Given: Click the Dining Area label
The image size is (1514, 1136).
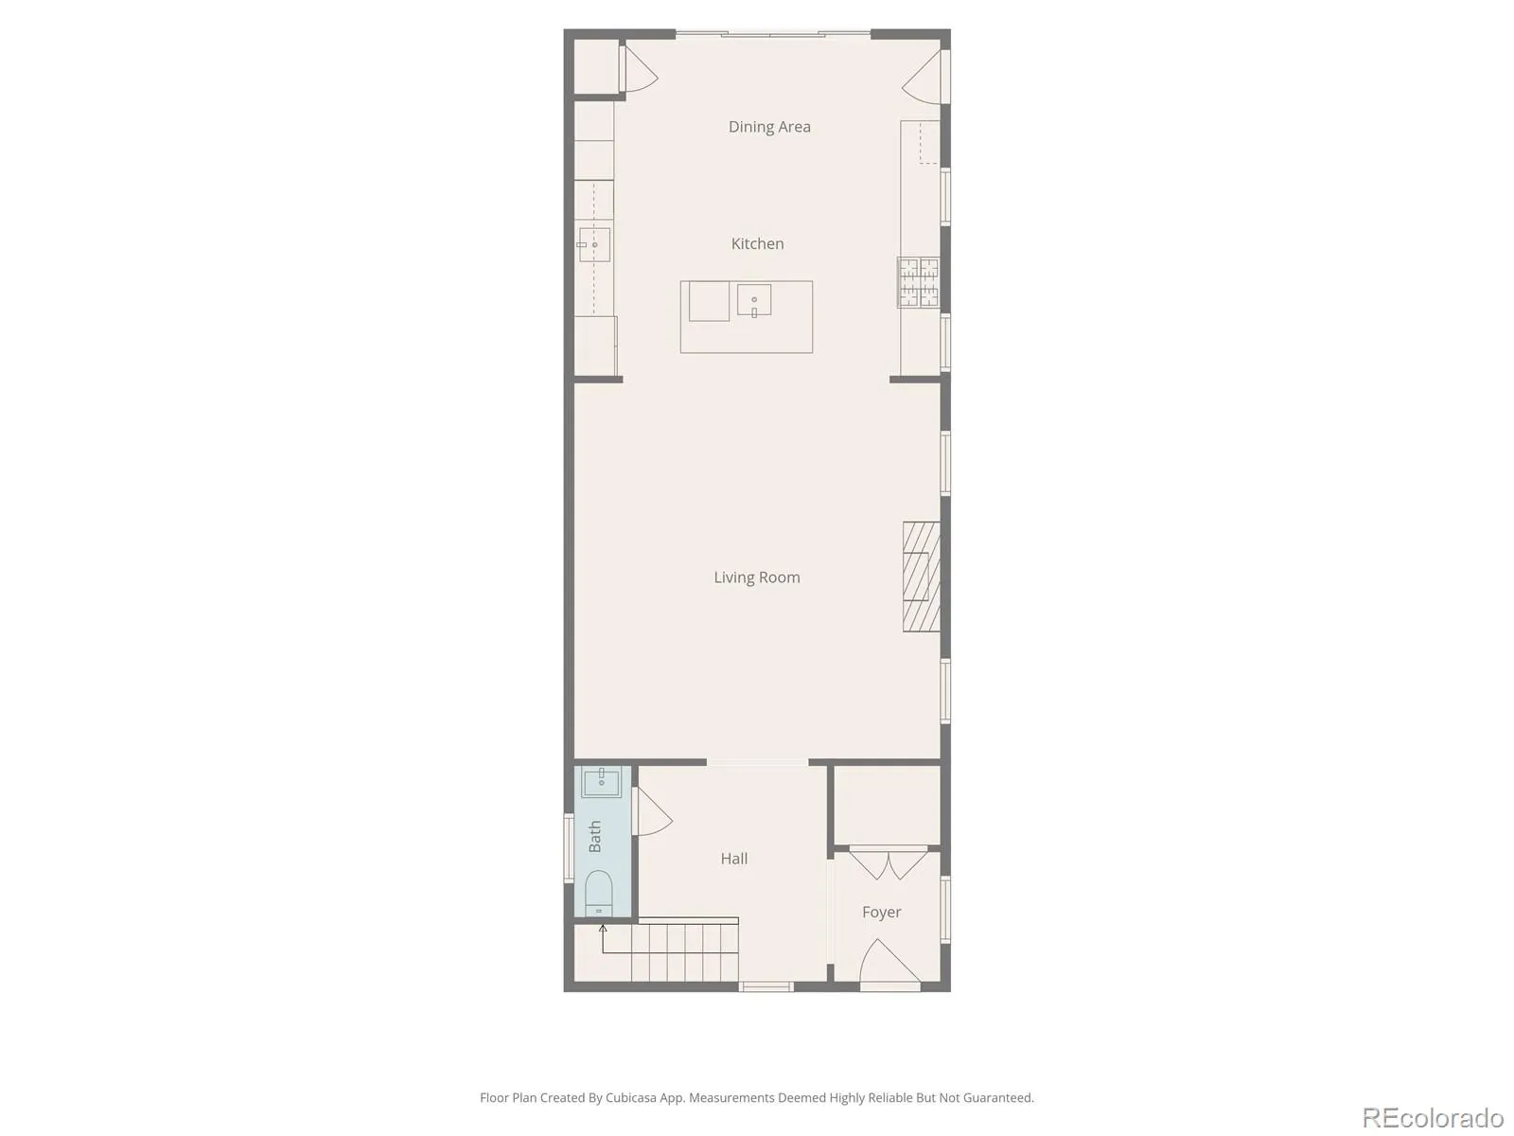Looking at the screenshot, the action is click(769, 127).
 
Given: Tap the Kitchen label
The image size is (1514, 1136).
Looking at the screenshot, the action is click(757, 243).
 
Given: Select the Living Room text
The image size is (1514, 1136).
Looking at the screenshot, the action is click(757, 577).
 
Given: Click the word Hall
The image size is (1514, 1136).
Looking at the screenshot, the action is click(734, 859).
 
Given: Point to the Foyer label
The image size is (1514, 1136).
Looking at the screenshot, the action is click(882, 912).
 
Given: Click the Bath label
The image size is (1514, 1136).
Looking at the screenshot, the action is click(594, 836).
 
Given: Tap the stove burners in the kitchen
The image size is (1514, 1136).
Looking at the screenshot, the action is click(918, 282).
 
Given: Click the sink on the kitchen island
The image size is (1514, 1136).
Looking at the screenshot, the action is click(754, 301).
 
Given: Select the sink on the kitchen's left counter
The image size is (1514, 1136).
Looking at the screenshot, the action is click(594, 245).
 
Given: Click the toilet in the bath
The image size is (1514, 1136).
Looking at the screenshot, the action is click(599, 894).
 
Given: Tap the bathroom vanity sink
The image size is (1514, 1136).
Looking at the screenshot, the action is click(602, 782).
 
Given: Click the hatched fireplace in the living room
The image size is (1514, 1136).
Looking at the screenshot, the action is click(922, 577).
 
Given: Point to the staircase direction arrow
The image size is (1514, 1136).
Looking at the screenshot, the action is click(603, 939).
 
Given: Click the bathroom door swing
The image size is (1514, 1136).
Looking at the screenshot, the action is click(652, 812).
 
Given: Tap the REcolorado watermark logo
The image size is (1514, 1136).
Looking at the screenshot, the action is click(1433, 1116).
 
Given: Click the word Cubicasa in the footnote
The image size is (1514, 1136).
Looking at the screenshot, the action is click(630, 1097).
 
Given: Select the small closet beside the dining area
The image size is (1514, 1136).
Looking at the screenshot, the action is click(597, 66).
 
